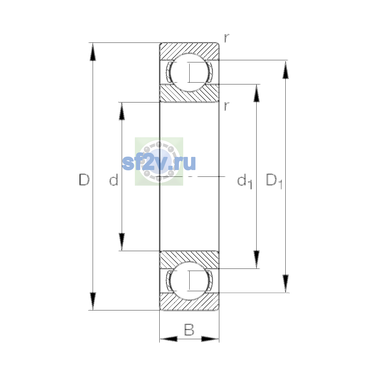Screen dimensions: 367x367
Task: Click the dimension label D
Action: click(84, 180)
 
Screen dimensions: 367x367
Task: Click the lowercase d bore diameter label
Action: click(114, 180)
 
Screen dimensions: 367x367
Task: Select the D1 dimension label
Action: click(274, 181)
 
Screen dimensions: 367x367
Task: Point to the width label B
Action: click(189, 329)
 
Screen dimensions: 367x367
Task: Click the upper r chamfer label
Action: click(227, 38)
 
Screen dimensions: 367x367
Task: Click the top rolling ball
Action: click(189, 72)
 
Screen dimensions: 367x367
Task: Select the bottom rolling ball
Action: click(189, 281)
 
